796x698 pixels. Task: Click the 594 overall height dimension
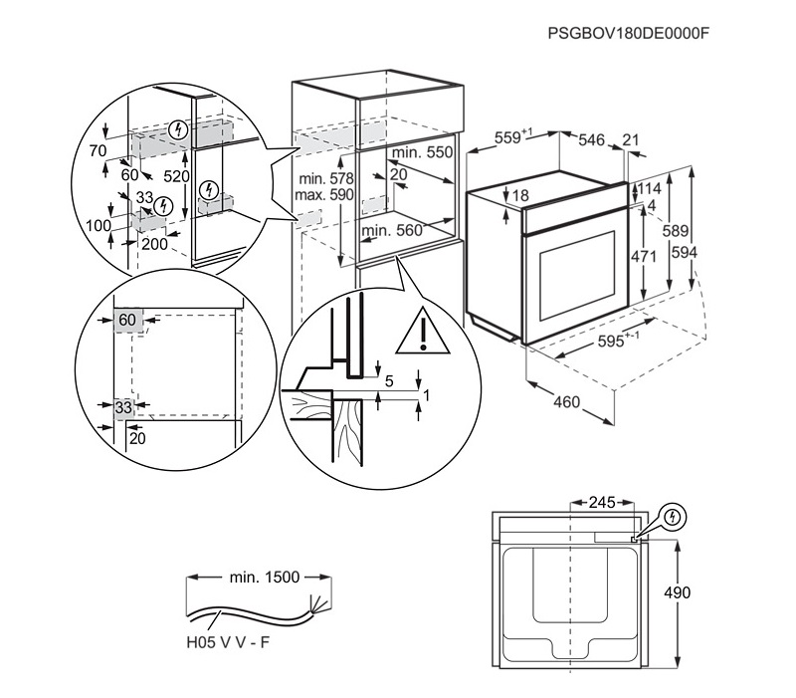point(683,253)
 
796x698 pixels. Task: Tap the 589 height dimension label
point(675,231)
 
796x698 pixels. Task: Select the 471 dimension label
point(644,257)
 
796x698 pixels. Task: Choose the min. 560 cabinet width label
point(392,231)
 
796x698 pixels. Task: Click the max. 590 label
point(324,195)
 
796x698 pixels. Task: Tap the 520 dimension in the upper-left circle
point(177,176)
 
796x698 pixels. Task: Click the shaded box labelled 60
point(127,321)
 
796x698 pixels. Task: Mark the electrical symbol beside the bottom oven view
point(674,517)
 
